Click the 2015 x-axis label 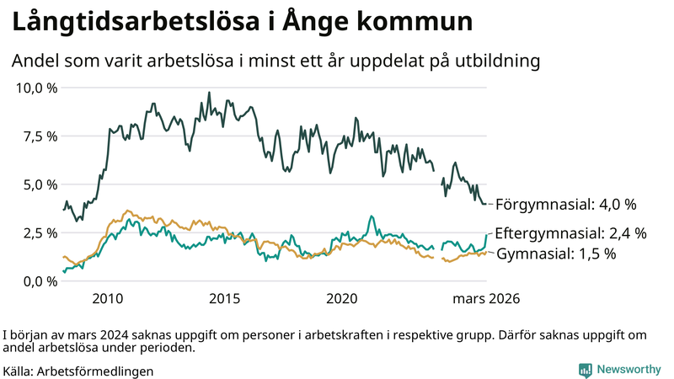[225, 299]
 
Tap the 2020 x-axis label [342, 299]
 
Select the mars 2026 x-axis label [486, 299]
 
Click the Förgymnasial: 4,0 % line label [565, 205]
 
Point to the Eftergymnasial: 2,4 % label [570, 233]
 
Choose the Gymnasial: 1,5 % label [555, 253]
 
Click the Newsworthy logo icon [585, 369]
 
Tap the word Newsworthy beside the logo [628, 369]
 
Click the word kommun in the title [410, 23]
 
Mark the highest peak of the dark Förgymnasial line [209, 93]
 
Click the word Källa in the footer [18, 371]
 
